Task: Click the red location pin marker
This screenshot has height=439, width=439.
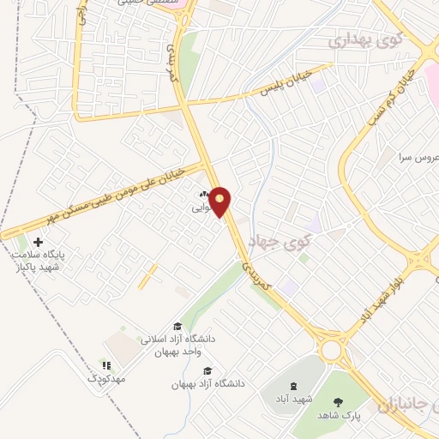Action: coord(220,201)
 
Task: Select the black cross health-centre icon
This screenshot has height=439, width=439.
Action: coord(37,244)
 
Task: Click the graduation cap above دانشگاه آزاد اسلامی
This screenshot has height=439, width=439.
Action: coord(177,326)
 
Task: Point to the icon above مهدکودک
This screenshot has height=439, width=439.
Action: coord(106,365)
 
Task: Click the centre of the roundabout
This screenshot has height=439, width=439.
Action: coord(330,350)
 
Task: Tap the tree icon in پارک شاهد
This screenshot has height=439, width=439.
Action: coord(339,400)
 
